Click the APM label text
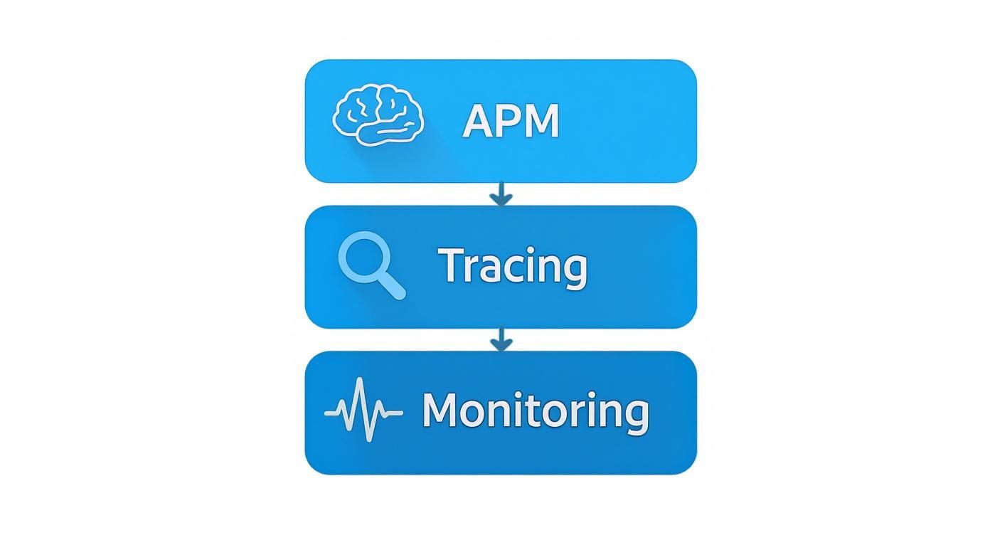pos(511,122)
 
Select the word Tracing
pos(513,267)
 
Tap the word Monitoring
pos(535,411)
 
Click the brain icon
pos(378,115)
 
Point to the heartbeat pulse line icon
pos(363,410)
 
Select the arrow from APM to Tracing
pos(501,194)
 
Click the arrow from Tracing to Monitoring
pos(501,339)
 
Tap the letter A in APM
pos(479,122)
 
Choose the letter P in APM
pos(510,122)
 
